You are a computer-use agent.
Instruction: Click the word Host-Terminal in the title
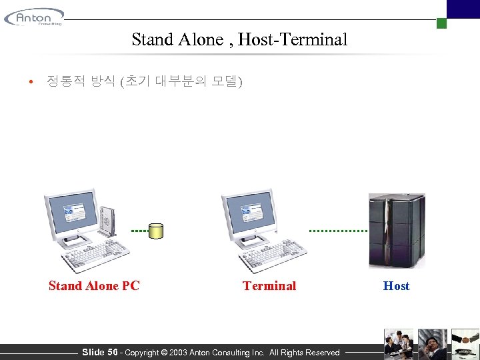(293, 39)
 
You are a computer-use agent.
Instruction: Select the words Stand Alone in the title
(176, 39)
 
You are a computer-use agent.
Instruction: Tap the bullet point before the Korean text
(31, 83)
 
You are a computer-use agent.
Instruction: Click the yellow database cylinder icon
(156, 231)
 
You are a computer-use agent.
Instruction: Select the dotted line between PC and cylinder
(139, 230)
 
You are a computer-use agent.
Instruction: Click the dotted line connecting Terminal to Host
(338, 230)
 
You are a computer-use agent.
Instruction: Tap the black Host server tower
(397, 230)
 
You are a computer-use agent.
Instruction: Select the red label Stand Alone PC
(94, 286)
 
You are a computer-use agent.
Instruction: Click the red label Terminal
(269, 286)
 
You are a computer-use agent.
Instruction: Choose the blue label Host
(397, 286)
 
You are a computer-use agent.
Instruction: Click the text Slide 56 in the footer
(100, 352)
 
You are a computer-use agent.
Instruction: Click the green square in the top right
(441, 23)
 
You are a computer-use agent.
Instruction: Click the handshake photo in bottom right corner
(465, 343)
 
